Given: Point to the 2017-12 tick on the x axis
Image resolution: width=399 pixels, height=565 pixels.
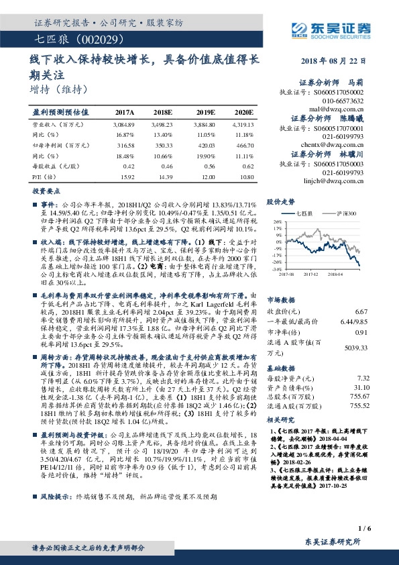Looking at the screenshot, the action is point(312,273).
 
